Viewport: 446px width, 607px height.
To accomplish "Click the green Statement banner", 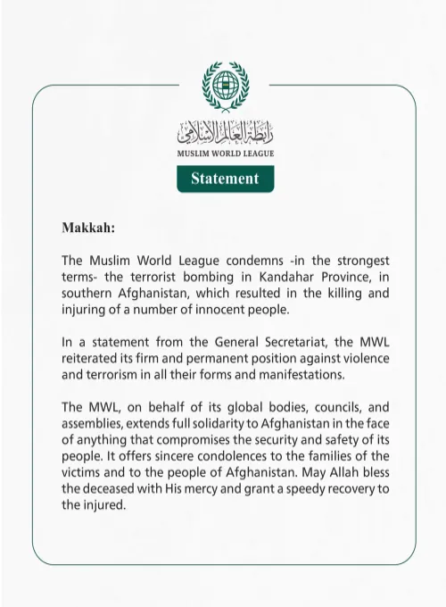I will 224,179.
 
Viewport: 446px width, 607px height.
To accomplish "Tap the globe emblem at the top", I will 224,89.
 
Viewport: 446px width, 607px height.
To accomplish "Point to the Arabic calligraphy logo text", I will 224,135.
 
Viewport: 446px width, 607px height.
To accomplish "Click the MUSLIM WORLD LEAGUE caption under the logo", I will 224,154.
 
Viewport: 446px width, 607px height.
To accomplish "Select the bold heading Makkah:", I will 88,227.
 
